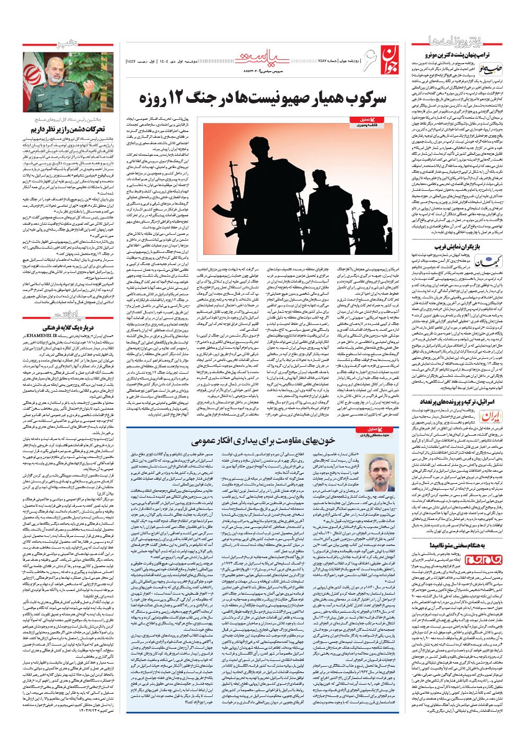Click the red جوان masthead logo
pyautogui.click(x=387, y=55)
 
